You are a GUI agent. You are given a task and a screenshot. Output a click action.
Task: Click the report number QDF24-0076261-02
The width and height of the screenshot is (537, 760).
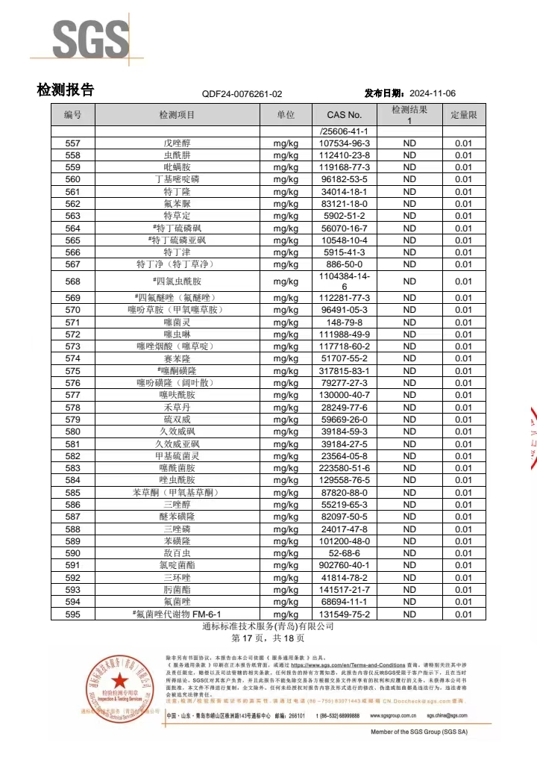(242, 94)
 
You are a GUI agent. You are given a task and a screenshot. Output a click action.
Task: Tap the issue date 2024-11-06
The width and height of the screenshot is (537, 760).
(433, 93)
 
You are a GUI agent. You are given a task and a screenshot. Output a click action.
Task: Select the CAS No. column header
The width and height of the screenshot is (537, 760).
(344, 115)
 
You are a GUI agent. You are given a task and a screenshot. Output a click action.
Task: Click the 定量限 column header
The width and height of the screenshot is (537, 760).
(463, 115)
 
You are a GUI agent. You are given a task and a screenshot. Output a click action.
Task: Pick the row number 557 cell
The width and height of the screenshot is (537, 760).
(72, 143)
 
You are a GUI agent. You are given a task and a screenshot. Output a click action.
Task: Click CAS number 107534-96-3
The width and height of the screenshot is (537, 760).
(344, 143)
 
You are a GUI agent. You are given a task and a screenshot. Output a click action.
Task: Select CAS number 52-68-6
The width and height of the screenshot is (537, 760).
(344, 553)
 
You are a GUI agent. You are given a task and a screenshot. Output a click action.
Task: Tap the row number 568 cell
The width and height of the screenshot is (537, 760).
(72, 281)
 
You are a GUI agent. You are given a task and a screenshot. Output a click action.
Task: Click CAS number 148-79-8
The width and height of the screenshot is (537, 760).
(344, 322)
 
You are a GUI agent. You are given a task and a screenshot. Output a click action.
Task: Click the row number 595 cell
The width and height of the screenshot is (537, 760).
(72, 614)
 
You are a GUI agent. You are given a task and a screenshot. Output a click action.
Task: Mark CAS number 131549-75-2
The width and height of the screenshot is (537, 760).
(344, 614)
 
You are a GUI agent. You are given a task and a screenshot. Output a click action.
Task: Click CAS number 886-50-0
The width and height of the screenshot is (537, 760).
(344, 264)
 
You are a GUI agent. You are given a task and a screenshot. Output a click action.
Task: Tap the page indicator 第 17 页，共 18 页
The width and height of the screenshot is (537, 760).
(268, 639)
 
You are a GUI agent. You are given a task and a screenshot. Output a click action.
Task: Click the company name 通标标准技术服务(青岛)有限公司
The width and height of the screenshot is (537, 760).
(268, 627)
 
